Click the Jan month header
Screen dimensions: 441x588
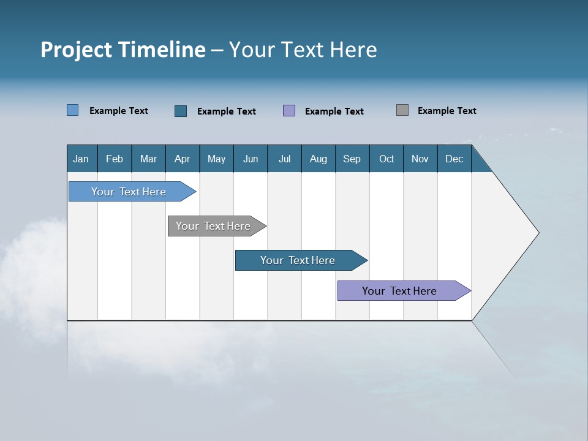[81, 159]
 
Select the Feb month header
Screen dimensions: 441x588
[115, 159]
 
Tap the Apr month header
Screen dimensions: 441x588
[182, 159]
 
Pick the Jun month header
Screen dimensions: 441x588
[250, 159]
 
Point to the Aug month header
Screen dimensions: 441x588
[318, 159]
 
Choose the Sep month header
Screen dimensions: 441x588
[352, 159]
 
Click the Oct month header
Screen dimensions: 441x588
[386, 159]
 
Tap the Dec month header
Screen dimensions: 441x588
[454, 159]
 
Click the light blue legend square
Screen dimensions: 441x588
[72, 110]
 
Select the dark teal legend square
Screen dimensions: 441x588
[181, 111]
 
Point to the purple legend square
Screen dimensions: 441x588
[289, 111]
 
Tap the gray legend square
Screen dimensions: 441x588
[402, 110]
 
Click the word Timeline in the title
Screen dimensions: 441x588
[161, 50]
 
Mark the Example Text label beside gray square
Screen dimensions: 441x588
[447, 111]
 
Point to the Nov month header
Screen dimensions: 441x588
[420, 159]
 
